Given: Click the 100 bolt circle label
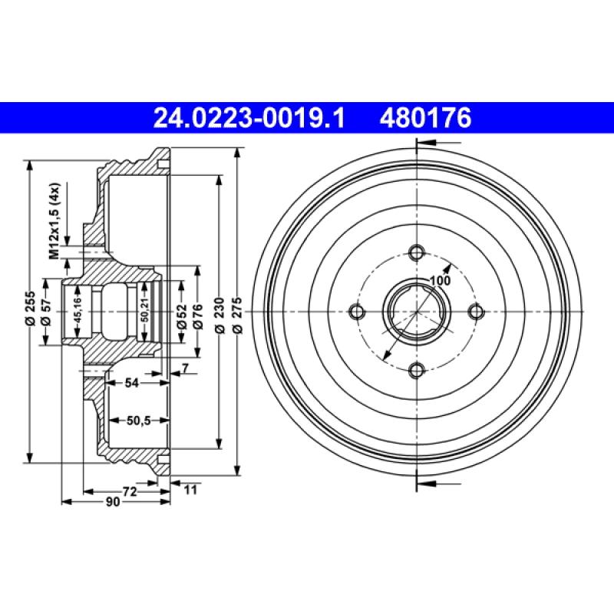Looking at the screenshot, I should click(x=439, y=280).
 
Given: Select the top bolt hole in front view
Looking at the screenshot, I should click(x=417, y=253).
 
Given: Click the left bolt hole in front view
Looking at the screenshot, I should click(x=356, y=312).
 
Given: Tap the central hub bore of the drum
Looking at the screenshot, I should click(x=415, y=312).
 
